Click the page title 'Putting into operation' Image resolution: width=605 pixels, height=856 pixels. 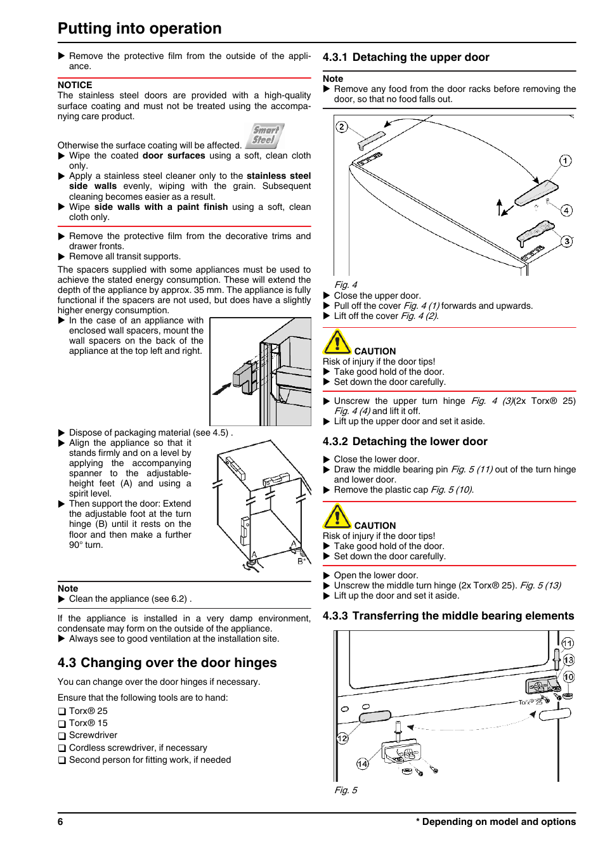pyautogui.click(x=140, y=29)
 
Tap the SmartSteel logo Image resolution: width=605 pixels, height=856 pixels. pyautogui.click(x=265, y=135)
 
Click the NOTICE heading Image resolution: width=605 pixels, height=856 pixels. pyautogui.click(x=75, y=85)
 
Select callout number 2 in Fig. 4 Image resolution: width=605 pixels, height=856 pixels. pyautogui.click(x=342, y=127)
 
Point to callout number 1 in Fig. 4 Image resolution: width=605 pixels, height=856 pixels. pyautogui.click(x=565, y=160)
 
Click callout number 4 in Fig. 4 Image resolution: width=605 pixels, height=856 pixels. pyautogui.click(x=566, y=211)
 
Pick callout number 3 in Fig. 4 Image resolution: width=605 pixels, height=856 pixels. pyautogui.click(x=567, y=241)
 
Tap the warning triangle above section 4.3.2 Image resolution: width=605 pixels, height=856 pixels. pyautogui.click(x=337, y=342)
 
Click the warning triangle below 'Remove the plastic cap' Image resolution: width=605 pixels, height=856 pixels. pyautogui.click(x=337, y=517)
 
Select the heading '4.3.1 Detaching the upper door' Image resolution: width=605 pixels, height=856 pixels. pyautogui.click(x=406, y=57)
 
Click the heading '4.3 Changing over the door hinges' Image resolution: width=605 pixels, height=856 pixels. pyautogui.click(x=167, y=663)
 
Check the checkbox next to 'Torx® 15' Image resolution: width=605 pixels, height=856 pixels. pyautogui.click(x=62, y=723)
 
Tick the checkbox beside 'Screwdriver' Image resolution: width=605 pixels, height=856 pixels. pyautogui.click(x=62, y=736)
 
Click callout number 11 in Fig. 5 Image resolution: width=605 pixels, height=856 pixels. pyautogui.click(x=568, y=643)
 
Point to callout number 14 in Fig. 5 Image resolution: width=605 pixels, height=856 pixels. pyautogui.click(x=362, y=763)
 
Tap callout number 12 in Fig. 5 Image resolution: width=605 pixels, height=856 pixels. pyautogui.click(x=342, y=739)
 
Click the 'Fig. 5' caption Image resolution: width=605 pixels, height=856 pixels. pyautogui.click(x=346, y=790)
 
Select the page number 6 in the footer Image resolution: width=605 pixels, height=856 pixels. pyautogui.click(x=60, y=822)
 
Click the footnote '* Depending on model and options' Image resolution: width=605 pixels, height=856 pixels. pyautogui.click(x=496, y=822)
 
